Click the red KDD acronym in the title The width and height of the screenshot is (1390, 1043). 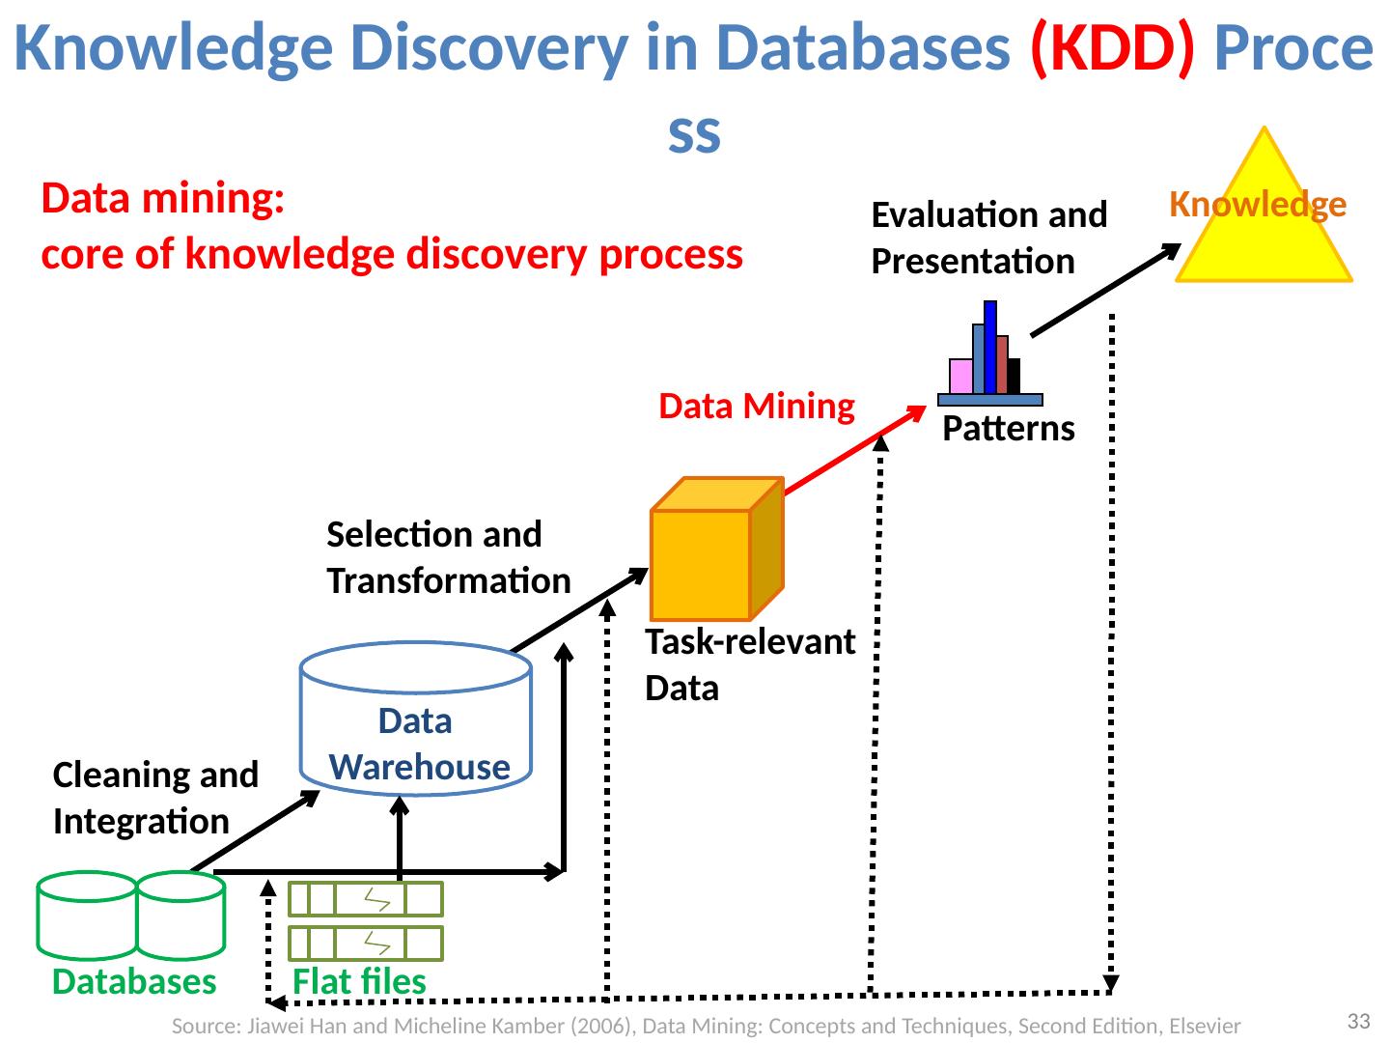(x=1112, y=47)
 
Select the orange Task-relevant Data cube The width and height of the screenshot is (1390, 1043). (x=717, y=550)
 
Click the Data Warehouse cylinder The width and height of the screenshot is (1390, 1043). (x=415, y=719)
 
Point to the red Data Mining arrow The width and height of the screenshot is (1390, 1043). (x=855, y=450)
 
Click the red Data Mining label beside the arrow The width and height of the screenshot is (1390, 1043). (x=757, y=406)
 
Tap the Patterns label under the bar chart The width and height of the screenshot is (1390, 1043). (x=1008, y=429)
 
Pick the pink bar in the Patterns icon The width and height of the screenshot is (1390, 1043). (x=960, y=377)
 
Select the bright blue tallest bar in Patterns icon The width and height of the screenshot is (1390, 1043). (x=990, y=348)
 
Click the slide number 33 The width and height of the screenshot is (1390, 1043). (x=1359, y=1022)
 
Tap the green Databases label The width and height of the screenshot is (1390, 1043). (x=134, y=981)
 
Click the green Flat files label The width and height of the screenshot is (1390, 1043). (x=359, y=981)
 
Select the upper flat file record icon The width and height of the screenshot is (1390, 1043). (x=366, y=899)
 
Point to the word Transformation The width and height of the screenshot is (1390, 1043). (x=449, y=580)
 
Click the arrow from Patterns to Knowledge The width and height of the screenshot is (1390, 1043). (x=1105, y=290)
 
